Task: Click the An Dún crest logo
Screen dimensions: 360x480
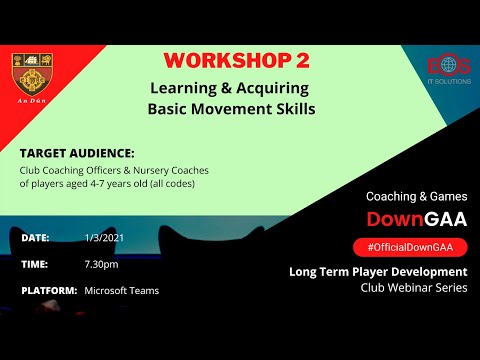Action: pyautogui.click(x=33, y=80)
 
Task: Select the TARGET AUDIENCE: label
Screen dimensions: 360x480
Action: pyautogui.click(x=77, y=154)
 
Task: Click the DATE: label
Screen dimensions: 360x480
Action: pyautogui.click(x=36, y=238)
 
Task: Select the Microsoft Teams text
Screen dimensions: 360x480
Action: pyautogui.click(x=122, y=291)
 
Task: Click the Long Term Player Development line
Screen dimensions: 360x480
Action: pyautogui.click(x=377, y=271)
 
